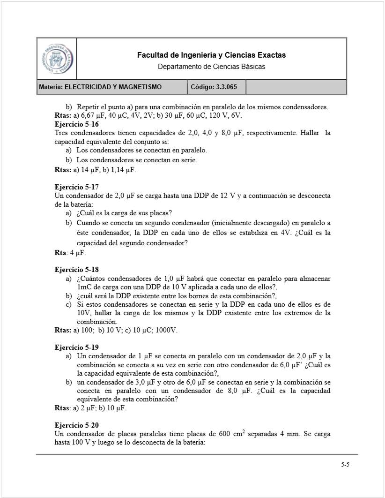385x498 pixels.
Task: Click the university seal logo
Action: click(57, 59)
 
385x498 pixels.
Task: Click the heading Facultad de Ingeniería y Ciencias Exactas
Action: click(211, 55)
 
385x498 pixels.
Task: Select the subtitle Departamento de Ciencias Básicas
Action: click(211, 67)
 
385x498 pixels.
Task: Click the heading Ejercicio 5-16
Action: click(76, 124)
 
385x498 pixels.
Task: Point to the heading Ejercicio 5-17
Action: click(76, 187)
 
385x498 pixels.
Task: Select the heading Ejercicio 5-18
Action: click(76, 270)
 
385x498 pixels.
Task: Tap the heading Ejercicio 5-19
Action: click(76, 347)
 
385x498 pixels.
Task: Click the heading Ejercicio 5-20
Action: click(76, 425)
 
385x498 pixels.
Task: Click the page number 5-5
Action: click(345, 465)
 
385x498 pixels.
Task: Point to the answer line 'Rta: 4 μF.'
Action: click(70, 253)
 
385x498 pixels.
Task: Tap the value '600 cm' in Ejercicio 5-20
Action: click(230, 434)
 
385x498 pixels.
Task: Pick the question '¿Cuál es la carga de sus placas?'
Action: click(125, 212)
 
